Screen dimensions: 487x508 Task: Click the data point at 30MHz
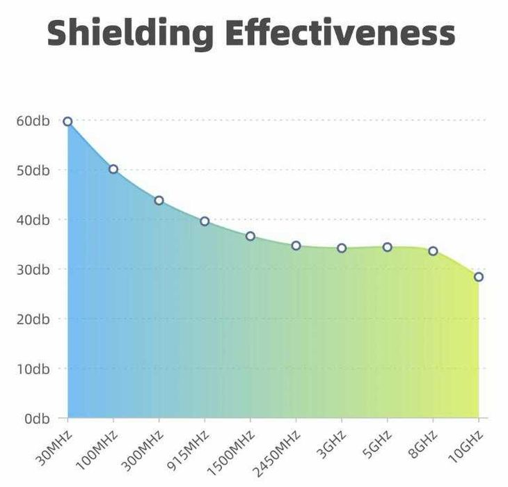coord(68,122)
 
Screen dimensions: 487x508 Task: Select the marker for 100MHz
coord(113,169)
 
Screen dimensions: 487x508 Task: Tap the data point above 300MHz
coord(159,200)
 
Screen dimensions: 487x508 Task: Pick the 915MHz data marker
coord(205,221)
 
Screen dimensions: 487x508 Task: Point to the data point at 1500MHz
coord(251,237)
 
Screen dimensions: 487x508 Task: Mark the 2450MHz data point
coord(296,246)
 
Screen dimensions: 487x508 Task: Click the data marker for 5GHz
coord(387,247)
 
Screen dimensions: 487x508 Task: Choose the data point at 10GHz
coord(479,277)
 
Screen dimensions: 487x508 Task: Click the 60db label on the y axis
coord(33,120)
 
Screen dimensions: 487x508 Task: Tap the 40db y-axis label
coord(33,220)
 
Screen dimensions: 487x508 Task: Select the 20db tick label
coord(33,319)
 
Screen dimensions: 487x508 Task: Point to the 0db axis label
coord(35,418)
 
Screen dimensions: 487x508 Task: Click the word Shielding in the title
coord(130,32)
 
